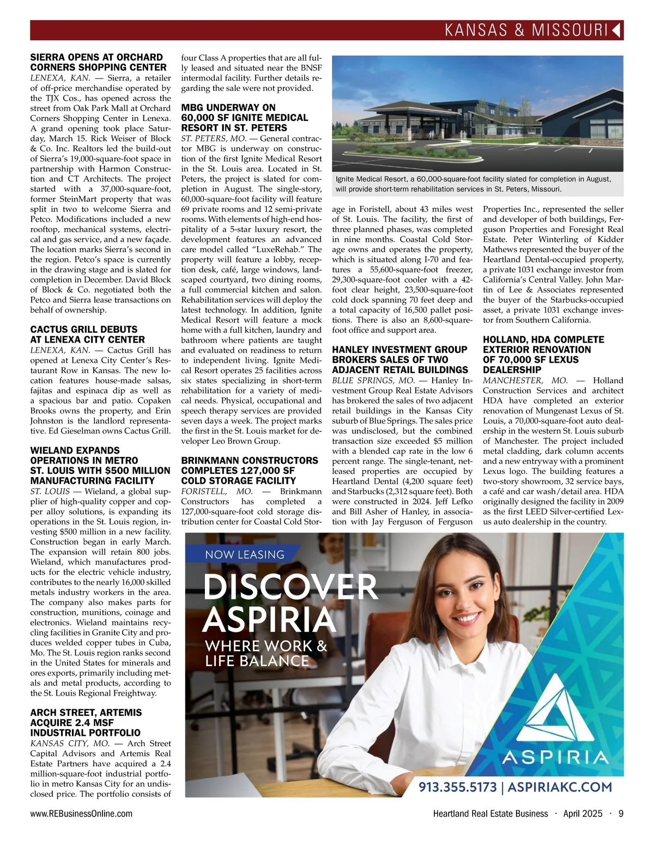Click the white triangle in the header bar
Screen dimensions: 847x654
pyautogui.click(x=616, y=30)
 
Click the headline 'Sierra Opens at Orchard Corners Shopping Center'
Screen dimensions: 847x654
pyautogui.click(x=98, y=62)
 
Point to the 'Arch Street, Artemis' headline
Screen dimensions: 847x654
pyautogui.click(x=86, y=712)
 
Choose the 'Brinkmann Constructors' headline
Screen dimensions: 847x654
pyautogui.click(x=250, y=460)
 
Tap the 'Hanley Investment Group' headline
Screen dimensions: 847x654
pyautogui.click(x=399, y=350)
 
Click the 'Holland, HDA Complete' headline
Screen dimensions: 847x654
pyautogui.click(x=543, y=339)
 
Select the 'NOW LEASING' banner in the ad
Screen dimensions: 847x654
pyautogui.click(x=245, y=554)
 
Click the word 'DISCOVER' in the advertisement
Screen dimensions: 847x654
pyautogui.click(x=290, y=587)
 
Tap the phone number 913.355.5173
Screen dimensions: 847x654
pyautogui.click(x=457, y=787)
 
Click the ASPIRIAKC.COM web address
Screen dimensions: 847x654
pyautogui.click(x=561, y=787)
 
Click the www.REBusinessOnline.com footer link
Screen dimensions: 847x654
pyautogui.click(x=81, y=814)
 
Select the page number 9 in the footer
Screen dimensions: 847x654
pyautogui.click(x=621, y=814)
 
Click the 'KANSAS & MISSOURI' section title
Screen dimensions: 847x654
pyautogui.click(x=525, y=30)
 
